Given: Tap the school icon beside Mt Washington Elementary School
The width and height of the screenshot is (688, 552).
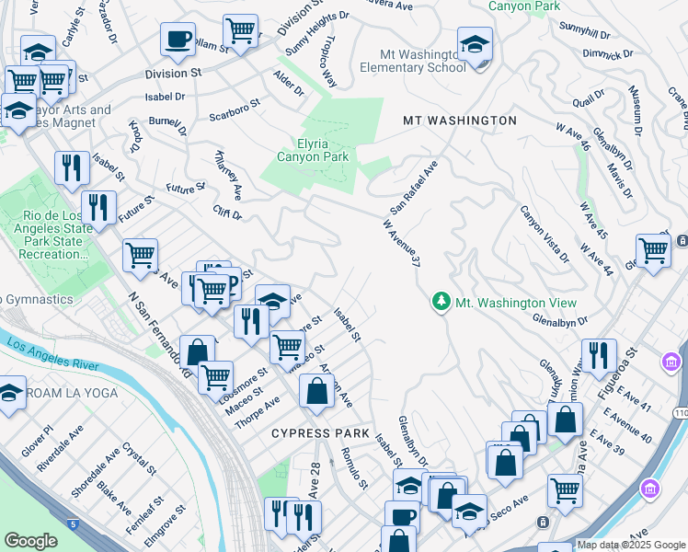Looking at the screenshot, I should (475, 45).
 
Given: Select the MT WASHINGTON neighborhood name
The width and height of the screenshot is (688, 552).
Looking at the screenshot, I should (460, 121).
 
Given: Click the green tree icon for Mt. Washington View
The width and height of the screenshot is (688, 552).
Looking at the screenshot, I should (441, 303).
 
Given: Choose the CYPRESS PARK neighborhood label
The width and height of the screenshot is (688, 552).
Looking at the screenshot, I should (319, 433).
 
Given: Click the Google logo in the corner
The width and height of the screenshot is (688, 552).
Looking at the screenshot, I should (30, 541).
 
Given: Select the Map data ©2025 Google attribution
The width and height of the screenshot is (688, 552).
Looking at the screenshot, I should (630, 545).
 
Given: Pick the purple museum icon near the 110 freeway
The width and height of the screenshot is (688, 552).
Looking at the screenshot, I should (650, 487).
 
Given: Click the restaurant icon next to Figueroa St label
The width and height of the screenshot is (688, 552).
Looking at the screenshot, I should (599, 355).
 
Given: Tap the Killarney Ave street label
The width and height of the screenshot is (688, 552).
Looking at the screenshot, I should (228, 175).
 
